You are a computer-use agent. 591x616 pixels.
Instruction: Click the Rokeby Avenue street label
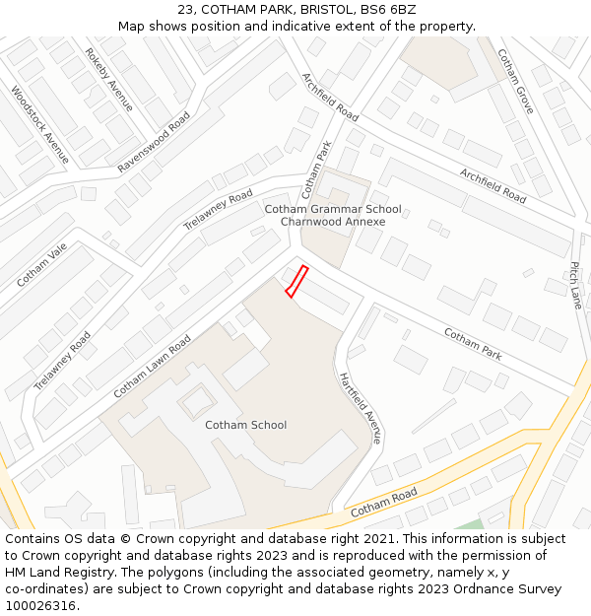pos(108,80)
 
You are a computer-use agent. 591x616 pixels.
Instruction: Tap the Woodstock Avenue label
pos(40,125)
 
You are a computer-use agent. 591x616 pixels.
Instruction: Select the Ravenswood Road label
pos(154,142)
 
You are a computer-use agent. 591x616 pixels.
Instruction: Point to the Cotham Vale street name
pos(41,264)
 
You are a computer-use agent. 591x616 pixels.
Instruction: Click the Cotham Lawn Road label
pos(152,366)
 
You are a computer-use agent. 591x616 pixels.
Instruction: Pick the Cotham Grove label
pos(515,81)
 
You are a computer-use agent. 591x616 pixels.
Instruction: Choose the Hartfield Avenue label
pos(360,406)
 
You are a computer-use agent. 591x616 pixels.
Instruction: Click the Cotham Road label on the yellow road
pos(383,501)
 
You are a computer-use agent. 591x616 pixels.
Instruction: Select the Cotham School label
pos(245,425)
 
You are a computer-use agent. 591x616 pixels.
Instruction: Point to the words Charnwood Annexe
pos(333,222)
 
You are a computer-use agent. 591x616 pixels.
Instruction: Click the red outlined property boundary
pos(296,281)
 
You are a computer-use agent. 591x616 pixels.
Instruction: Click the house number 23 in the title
pos(186,10)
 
